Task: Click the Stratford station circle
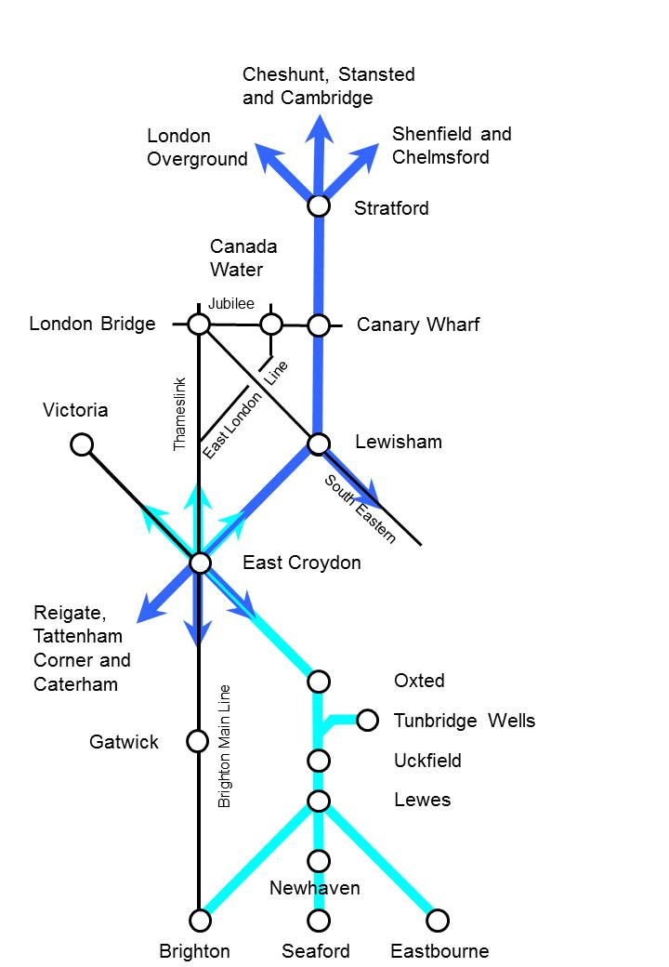tap(319, 205)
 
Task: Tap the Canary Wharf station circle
tap(319, 325)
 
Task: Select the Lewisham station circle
tap(319, 444)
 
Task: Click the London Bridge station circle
tap(199, 324)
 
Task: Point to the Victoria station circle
tap(82, 444)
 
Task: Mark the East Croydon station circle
tap(199, 563)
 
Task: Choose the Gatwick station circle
tap(197, 741)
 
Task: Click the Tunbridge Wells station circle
tap(368, 720)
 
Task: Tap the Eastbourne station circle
tap(438, 921)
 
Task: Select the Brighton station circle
tap(200, 921)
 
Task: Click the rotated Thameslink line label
tap(180, 415)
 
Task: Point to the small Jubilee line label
tap(231, 304)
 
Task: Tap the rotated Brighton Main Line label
tap(224, 747)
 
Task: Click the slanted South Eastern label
tap(361, 509)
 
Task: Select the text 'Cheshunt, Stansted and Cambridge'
tap(328, 86)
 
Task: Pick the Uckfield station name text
tap(427, 761)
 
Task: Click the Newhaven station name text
tap(314, 888)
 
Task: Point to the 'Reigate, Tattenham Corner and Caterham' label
tap(82, 648)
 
